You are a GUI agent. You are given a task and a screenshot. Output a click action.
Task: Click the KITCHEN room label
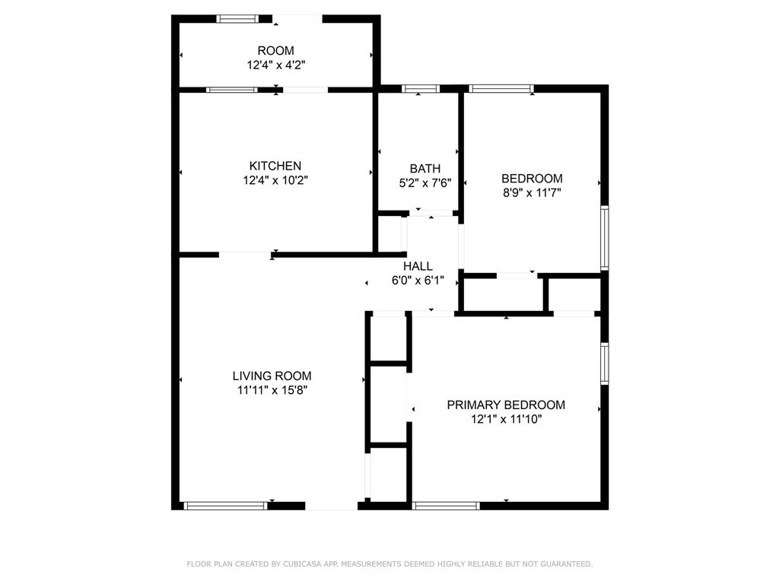275,166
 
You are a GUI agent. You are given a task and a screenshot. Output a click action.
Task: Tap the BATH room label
424,169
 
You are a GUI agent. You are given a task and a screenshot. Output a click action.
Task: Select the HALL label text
418,266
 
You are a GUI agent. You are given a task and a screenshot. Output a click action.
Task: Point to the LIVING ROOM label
272,376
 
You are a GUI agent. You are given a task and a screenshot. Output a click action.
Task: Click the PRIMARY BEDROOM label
506,405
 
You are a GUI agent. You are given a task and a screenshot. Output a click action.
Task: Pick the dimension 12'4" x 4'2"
275,65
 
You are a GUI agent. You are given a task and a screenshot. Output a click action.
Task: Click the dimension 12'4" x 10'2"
275,180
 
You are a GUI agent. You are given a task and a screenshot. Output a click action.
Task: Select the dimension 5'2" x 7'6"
424,182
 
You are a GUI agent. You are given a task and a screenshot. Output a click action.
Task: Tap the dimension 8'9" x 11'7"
532,192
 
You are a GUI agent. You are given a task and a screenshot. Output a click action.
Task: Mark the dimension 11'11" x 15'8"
272,390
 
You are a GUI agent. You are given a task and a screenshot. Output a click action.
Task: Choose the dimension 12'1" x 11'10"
506,419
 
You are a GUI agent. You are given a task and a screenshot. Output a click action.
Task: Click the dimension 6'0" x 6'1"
418,280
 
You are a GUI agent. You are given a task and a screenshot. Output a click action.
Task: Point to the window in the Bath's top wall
421,89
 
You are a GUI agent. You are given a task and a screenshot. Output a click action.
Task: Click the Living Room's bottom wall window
226,505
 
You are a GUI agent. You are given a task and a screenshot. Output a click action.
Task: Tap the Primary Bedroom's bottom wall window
446,505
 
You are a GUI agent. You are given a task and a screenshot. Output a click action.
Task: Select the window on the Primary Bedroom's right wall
604,363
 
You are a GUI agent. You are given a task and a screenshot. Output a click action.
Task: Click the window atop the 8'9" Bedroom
501,89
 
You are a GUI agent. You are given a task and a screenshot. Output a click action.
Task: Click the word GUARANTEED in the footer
564,564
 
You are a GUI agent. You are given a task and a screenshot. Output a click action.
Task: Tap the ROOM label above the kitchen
275,51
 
